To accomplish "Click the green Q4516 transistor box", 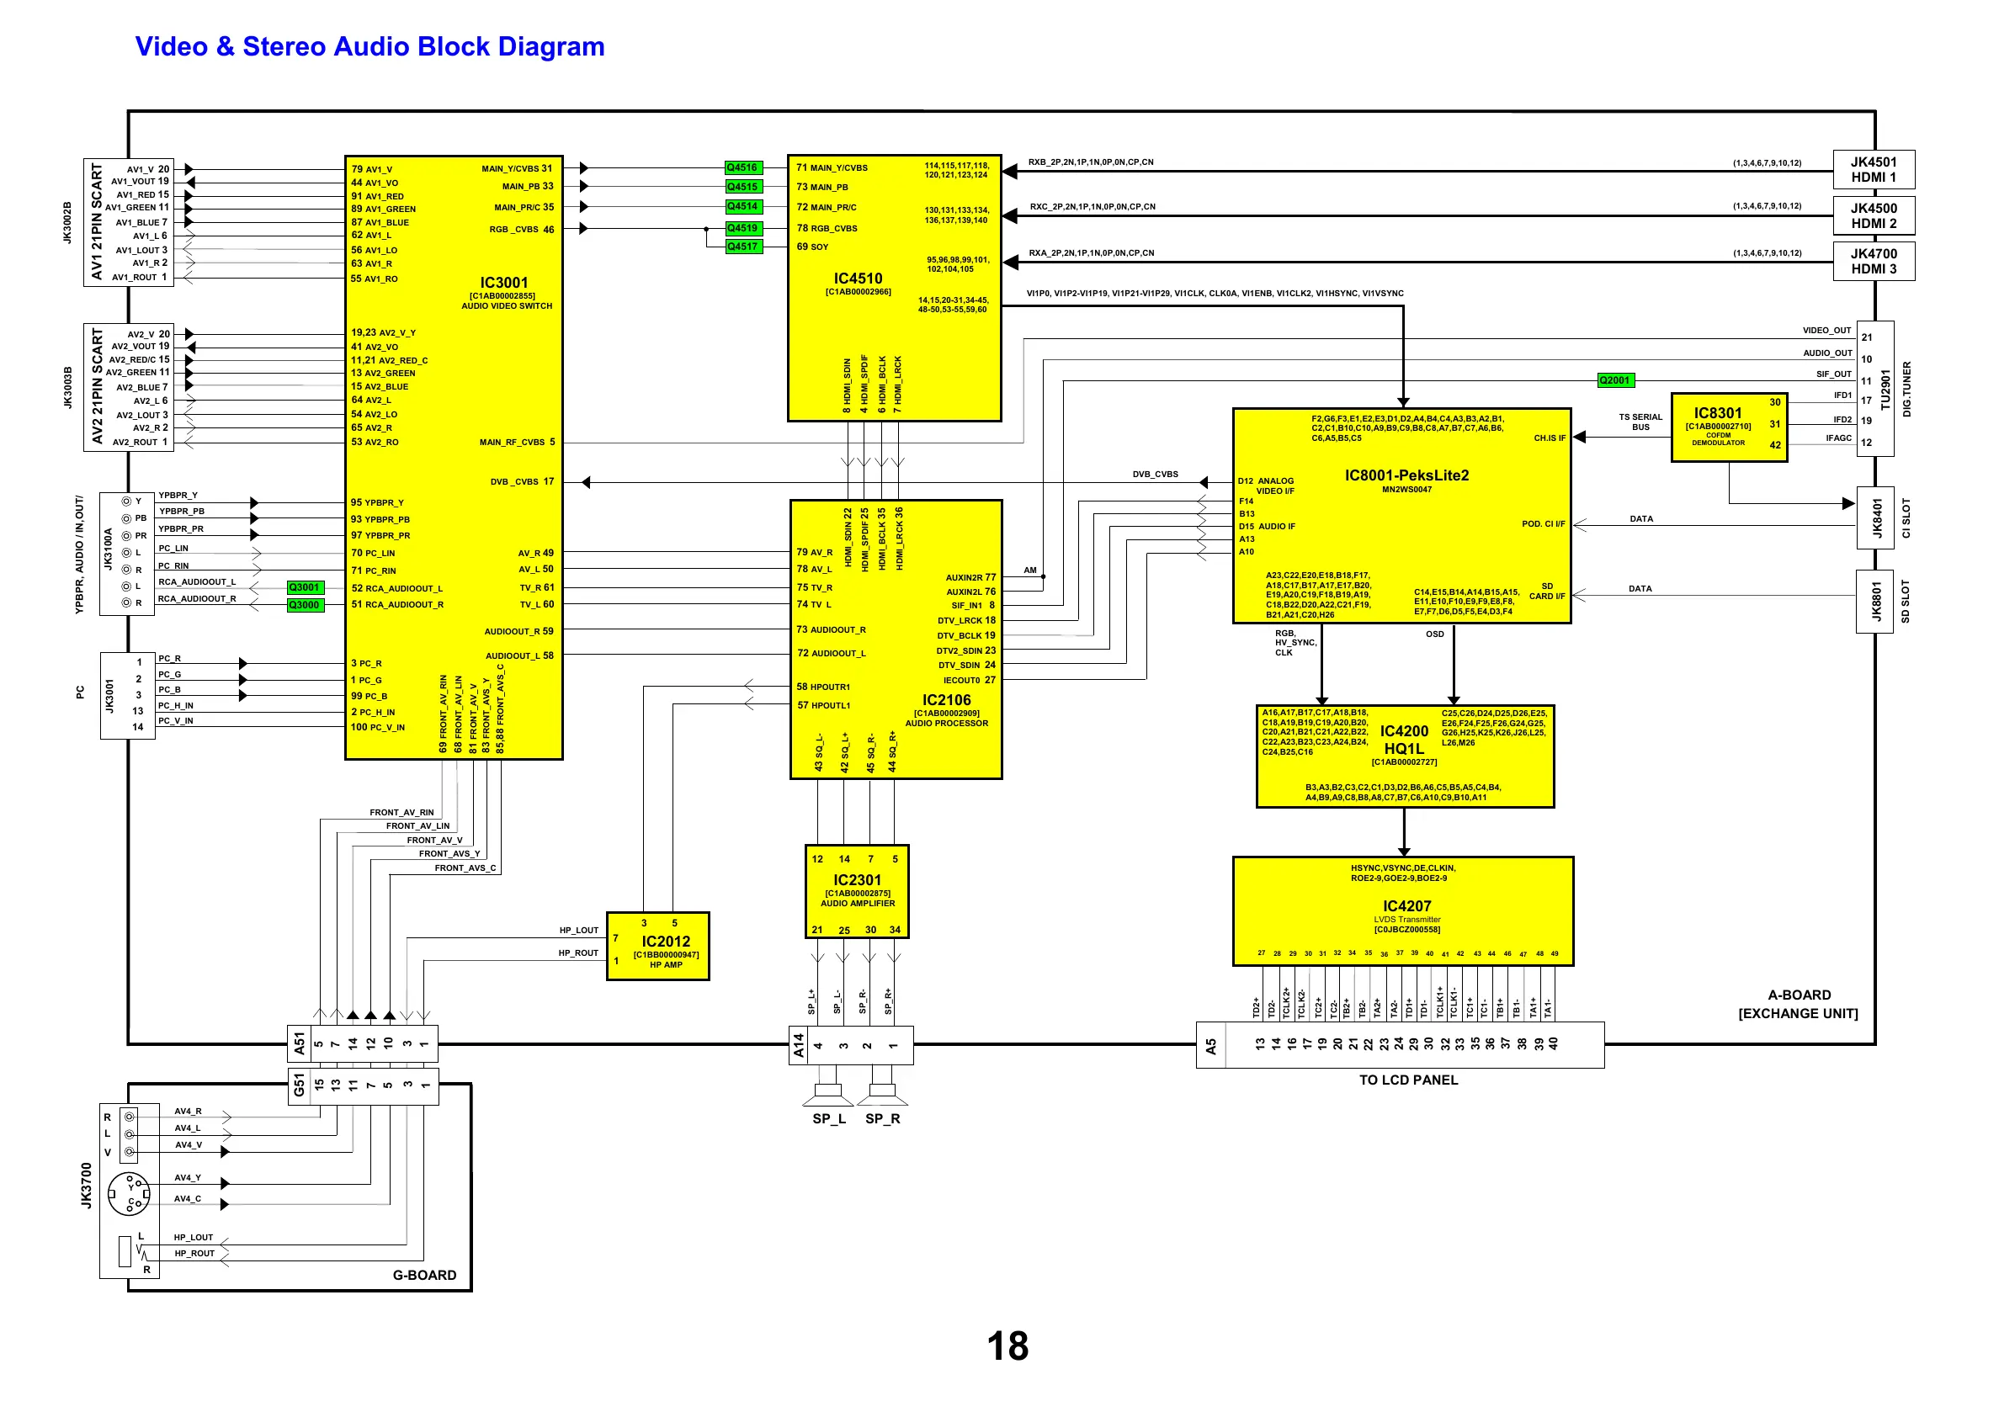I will coord(742,167).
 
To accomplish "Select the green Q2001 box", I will coord(1614,379).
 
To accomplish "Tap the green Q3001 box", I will coord(305,587).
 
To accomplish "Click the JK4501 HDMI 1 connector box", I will coord(1874,169).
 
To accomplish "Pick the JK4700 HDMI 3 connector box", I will coord(1874,261).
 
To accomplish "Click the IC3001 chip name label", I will coord(503,283).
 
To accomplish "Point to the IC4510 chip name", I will coord(858,279).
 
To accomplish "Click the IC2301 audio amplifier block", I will coord(857,891).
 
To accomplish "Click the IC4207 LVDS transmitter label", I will coord(1406,905).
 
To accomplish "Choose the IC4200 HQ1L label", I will coord(1404,739).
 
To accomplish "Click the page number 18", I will coord(1007,1345).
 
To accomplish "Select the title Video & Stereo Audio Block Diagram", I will coord(370,46).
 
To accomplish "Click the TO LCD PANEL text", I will coord(1407,1080).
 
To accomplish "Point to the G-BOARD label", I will coord(424,1275).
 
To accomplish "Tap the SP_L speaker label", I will coord(829,1118).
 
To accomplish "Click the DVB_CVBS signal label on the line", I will coord(1156,475).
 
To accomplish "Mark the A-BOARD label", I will coord(1800,995).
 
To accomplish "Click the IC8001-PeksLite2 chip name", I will coord(1406,475).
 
